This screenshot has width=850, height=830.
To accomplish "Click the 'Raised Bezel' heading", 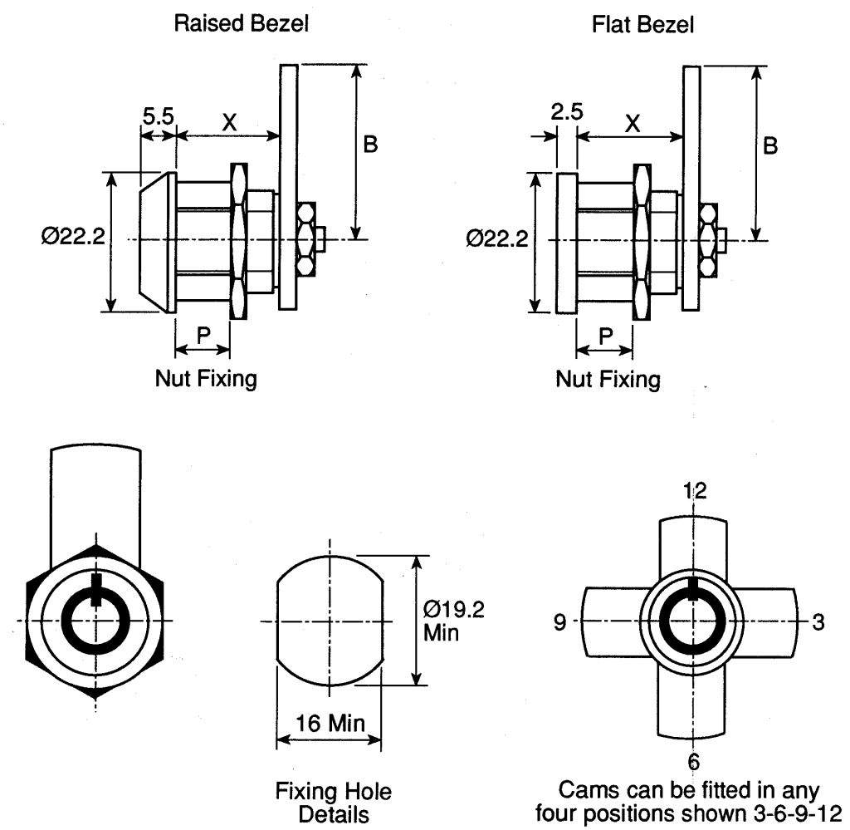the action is (x=242, y=24).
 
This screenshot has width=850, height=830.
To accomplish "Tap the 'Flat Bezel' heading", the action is (x=642, y=25).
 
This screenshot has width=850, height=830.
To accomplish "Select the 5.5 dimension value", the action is (x=159, y=116).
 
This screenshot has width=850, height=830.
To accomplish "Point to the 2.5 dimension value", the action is (x=567, y=112).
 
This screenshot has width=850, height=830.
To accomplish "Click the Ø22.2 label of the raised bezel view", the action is (x=73, y=237).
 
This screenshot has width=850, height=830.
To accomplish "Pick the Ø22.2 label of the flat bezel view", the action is (x=497, y=238).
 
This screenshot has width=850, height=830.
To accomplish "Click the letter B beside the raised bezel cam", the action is (x=370, y=145).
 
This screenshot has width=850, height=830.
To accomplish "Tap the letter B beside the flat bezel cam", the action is (x=770, y=146).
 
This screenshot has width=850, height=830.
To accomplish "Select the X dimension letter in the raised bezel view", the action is (x=230, y=123).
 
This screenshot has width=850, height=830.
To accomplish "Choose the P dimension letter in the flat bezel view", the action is (x=605, y=336).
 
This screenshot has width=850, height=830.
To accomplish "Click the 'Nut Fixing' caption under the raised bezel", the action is (x=206, y=378).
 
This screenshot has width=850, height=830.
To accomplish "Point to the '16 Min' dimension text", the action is (x=330, y=723).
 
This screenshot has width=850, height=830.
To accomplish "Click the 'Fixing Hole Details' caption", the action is (x=334, y=803).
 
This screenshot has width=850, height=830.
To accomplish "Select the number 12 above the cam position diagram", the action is (x=695, y=491).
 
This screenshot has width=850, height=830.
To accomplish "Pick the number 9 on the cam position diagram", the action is (x=560, y=621).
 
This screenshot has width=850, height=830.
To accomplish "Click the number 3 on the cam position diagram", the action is (x=818, y=621).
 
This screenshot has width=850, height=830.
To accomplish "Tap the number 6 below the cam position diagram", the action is (x=694, y=762).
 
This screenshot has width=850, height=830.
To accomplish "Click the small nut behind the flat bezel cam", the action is (x=709, y=240).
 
